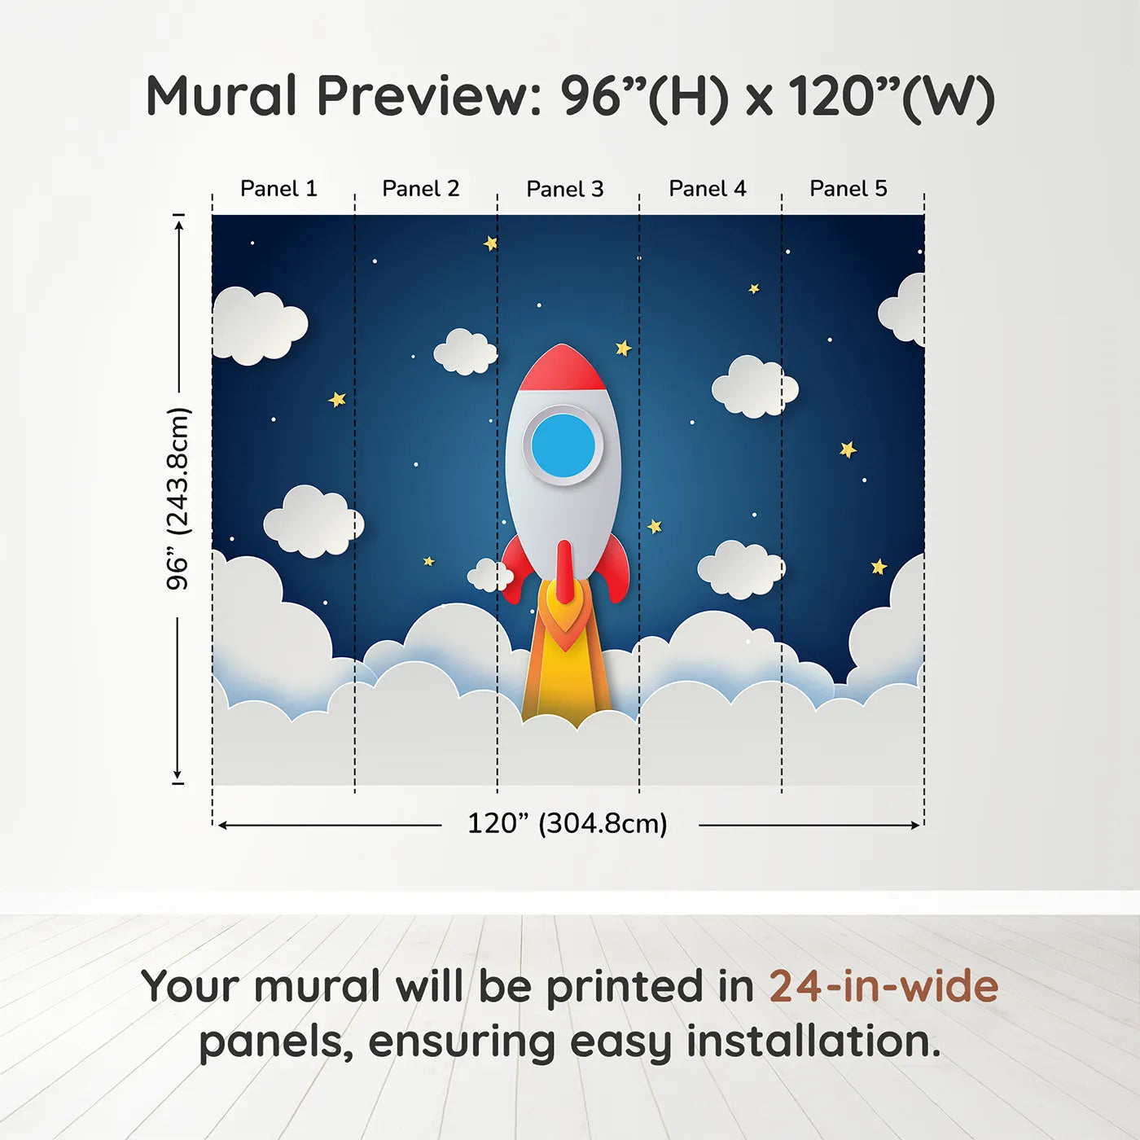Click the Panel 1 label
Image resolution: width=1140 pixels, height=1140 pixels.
278,189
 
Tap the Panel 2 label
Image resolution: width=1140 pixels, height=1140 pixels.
421,189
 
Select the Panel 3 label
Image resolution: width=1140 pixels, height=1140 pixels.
565,190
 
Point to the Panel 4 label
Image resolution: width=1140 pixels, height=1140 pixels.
708,189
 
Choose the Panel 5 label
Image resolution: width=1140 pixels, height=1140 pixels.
848,189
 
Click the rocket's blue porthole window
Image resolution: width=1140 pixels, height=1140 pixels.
563,445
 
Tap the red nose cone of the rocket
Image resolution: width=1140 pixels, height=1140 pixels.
562,368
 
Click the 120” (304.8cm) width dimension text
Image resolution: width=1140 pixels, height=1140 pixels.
567,823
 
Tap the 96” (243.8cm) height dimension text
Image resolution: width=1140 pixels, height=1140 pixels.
178,498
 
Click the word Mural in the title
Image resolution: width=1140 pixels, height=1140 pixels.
221,96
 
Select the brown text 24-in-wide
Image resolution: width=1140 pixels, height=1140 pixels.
883,987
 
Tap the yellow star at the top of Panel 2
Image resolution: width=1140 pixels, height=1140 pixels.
490,243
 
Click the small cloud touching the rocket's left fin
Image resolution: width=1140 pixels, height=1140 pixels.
489,576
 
